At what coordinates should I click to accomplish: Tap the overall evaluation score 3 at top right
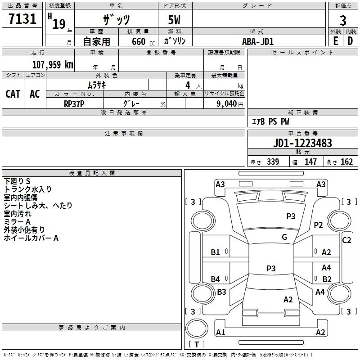coord(343,21)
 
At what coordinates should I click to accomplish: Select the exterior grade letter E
coord(335,40)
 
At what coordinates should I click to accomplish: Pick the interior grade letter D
coord(350,40)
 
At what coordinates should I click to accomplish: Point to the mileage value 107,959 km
coord(53,64)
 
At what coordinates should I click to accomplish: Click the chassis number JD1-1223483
coord(302,143)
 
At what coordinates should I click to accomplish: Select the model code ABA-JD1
coord(258,41)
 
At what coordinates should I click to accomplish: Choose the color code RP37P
coord(74,103)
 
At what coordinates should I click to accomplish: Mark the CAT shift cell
coord(13,94)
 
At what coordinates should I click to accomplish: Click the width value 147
coord(310,162)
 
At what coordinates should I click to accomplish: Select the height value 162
coord(346,162)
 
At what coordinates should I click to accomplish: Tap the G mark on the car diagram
coord(284,237)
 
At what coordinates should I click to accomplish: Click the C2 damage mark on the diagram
coord(346,240)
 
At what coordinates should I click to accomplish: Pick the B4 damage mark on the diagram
coord(216,279)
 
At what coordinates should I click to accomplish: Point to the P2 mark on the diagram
coord(319,225)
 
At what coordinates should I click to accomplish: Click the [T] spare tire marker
coord(197,344)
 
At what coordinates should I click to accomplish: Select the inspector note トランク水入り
coord(28,189)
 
